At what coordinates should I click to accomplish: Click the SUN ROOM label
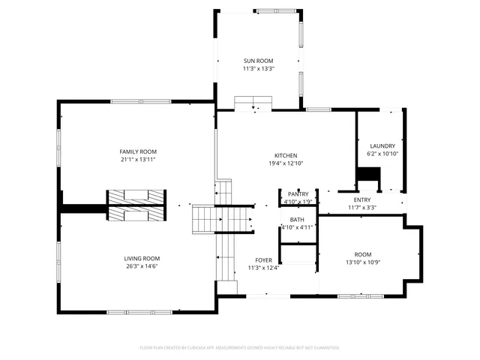tap(258, 61)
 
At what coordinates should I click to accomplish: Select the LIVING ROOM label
tap(142, 258)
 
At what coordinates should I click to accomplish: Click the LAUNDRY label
tap(382, 145)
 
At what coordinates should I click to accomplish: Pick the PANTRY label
tap(298, 194)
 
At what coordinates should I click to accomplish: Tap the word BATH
tap(297, 219)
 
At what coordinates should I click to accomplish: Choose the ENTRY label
tap(362, 199)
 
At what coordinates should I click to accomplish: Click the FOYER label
tap(262, 260)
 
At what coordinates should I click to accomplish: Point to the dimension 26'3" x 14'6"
tap(142, 265)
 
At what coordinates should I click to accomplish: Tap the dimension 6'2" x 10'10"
tap(382, 153)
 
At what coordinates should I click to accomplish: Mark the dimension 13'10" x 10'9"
tap(363, 262)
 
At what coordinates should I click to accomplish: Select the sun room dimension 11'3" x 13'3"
tap(258, 68)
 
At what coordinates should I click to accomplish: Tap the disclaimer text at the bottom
tap(240, 347)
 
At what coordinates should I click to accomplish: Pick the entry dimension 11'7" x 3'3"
tap(362, 207)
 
